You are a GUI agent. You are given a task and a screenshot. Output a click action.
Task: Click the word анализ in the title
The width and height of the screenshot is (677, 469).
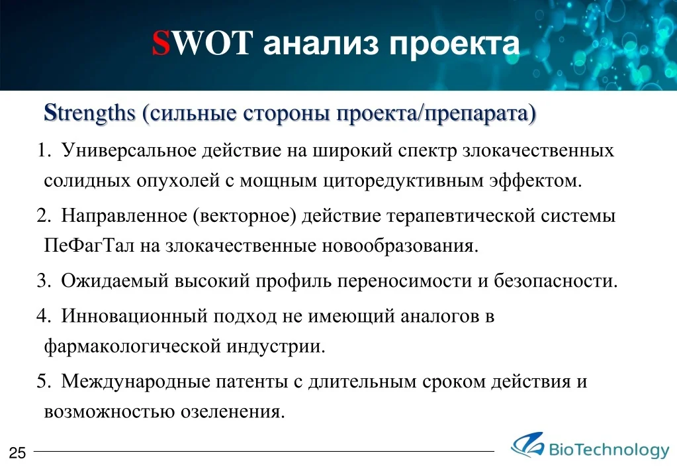click(321, 44)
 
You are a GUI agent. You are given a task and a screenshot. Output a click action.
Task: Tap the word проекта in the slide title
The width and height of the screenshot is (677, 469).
click(455, 46)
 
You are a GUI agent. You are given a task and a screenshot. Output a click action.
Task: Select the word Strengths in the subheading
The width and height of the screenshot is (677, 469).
click(90, 113)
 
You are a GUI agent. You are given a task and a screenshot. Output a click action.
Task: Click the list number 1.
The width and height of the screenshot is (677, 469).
click(42, 150)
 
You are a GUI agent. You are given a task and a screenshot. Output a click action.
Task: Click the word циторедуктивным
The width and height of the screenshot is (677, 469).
click(403, 181)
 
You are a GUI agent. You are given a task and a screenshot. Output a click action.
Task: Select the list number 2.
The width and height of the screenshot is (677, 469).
click(42, 215)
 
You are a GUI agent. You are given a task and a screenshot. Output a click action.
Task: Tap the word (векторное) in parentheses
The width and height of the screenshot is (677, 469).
click(244, 216)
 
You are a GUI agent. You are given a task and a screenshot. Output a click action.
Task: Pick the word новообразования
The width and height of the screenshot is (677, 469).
click(400, 246)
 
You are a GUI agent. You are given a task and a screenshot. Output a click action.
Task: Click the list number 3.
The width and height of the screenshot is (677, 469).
click(42, 280)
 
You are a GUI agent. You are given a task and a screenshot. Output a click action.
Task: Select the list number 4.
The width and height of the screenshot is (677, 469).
click(42, 316)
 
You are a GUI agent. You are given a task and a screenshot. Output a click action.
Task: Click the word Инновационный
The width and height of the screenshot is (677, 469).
click(134, 316)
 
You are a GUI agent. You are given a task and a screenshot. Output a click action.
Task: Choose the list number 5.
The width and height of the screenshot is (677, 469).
click(42, 382)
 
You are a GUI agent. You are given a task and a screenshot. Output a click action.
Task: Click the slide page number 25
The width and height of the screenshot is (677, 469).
click(18, 452)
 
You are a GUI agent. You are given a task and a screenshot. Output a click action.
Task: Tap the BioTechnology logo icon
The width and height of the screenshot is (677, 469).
click(527, 444)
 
